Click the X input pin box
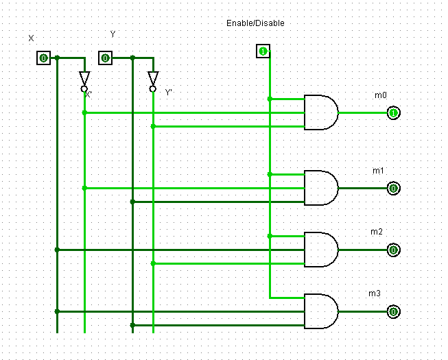click(43, 58)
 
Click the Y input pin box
click(105, 58)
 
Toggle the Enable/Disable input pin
click(263, 51)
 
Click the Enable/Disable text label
click(255, 23)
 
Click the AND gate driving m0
click(321, 112)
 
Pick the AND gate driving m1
click(321, 188)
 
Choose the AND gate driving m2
click(321, 250)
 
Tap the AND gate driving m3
click(321, 311)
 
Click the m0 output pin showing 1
click(393, 112)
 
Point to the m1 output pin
click(393, 188)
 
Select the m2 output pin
click(393, 250)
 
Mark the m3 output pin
click(393, 311)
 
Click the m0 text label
click(381, 95)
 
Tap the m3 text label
click(375, 293)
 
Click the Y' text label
click(169, 93)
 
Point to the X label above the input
click(31, 38)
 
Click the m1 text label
click(378, 171)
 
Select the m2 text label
click(377, 232)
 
